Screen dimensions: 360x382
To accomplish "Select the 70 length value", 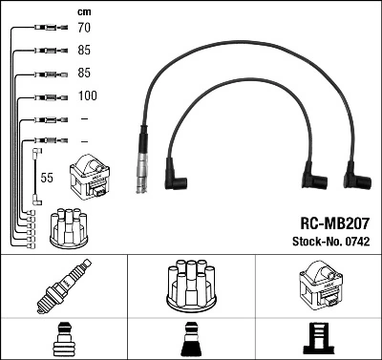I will tap(83, 29).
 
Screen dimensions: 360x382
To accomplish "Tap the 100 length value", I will tap(86, 96).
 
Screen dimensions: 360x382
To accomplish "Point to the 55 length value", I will tap(46, 178).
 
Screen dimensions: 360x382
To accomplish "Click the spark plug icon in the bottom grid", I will tap(63, 285).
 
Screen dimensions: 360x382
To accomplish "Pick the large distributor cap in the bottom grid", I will tap(190, 284).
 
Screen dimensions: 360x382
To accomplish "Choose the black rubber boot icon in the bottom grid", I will tap(190, 339).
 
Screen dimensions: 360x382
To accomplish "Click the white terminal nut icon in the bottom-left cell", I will tap(63, 339).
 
